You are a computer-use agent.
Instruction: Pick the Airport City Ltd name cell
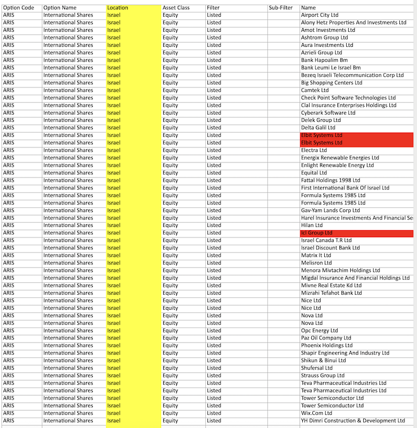[320, 15]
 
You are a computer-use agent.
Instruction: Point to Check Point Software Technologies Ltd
[348, 98]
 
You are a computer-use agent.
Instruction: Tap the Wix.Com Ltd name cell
[316, 413]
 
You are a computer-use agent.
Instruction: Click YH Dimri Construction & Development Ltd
[352, 421]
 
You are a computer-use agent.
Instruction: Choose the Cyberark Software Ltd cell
[328, 113]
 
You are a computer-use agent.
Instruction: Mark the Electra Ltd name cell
[314, 150]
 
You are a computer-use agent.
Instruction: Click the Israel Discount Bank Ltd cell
[330, 248]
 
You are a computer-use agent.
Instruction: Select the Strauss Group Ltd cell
[323, 375]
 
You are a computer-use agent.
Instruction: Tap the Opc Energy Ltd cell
[319, 331]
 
